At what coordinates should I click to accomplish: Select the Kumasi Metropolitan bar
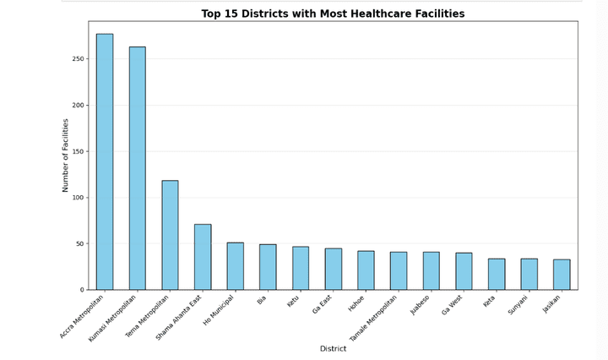pos(138,168)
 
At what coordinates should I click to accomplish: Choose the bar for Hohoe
pos(366,270)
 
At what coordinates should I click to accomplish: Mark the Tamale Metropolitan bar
pos(399,270)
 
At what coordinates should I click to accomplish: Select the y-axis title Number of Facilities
pos(66,155)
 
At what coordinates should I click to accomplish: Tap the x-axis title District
pos(333,348)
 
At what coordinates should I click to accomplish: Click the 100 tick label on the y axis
pos(77,198)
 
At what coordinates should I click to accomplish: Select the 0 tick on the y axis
pos(82,290)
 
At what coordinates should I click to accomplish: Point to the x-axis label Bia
pos(263,300)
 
